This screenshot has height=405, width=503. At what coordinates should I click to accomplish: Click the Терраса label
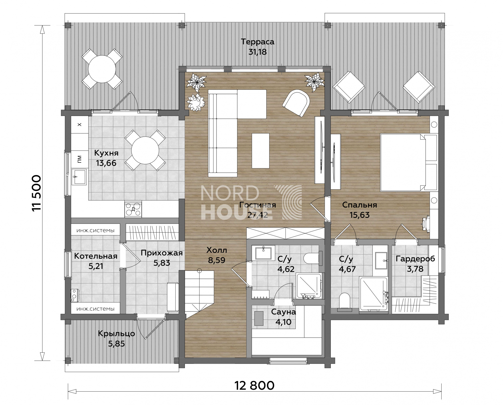(258, 42)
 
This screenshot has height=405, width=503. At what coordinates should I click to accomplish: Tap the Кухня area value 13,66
(106, 163)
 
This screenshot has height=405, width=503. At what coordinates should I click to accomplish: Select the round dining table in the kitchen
(145, 150)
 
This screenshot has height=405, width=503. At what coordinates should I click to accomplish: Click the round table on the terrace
(102, 69)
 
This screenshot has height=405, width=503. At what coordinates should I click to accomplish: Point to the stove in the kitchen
(133, 209)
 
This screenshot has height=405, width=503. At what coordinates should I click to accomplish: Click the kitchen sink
(79, 177)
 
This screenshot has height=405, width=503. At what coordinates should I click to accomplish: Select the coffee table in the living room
(261, 151)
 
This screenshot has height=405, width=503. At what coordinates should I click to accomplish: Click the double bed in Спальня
(409, 162)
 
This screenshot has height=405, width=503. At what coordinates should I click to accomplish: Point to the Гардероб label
(415, 259)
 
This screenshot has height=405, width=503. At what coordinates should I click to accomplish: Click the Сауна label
(283, 312)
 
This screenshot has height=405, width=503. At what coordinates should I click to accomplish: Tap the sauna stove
(259, 318)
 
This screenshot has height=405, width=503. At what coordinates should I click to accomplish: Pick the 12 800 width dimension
(254, 386)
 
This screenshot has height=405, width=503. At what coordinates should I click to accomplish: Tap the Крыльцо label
(116, 334)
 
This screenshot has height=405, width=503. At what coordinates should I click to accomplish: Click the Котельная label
(96, 256)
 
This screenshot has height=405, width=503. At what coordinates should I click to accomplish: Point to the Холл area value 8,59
(217, 260)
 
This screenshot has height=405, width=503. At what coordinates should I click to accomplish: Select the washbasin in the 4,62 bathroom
(263, 253)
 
